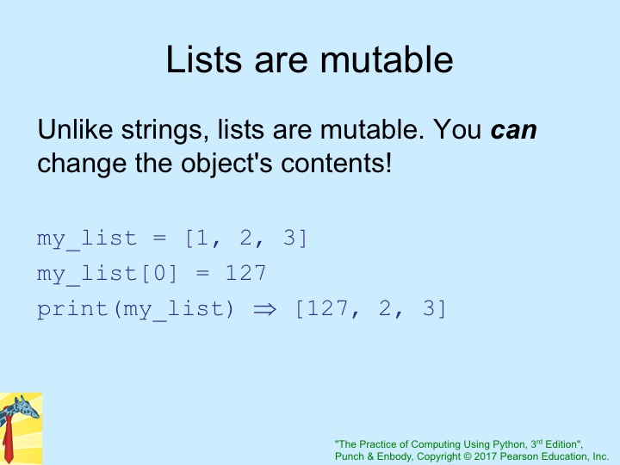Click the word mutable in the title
click(x=387, y=59)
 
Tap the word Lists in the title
click(x=203, y=59)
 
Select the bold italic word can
click(x=513, y=130)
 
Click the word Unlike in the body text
click(x=75, y=129)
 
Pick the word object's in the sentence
click(x=226, y=164)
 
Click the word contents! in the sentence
click(x=336, y=163)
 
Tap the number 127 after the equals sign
click(x=246, y=273)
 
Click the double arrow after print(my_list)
click(x=264, y=309)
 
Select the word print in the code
click(x=72, y=309)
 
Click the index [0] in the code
click(x=159, y=273)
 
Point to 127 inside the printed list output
click(x=328, y=308)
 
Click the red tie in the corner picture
click(x=8, y=440)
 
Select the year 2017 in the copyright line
click(x=486, y=456)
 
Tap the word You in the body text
click(x=457, y=129)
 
